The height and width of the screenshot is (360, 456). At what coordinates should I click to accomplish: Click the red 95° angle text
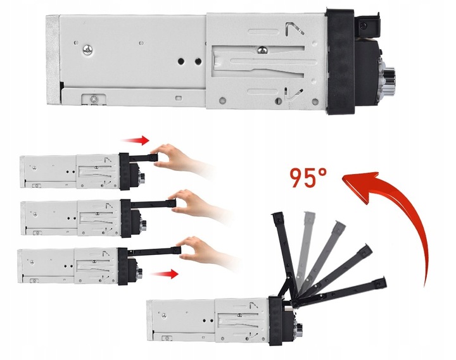pyautogui.click(x=308, y=177)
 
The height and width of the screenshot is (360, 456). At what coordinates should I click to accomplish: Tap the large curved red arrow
pyautogui.click(x=407, y=209)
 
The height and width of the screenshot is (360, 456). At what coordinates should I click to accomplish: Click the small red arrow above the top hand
pyautogui.click(x=136, y=140)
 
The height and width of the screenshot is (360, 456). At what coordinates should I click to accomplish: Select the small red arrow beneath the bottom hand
pyautogui.click(x=165, y=274)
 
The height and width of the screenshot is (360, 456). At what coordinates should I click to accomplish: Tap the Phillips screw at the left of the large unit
pyautogui.click(x=87, y=49)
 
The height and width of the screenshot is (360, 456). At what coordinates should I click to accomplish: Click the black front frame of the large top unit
pyautogui.click(x=340, y=61)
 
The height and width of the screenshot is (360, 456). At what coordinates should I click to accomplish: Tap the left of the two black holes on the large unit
pyautogui.click(x=181, y=61)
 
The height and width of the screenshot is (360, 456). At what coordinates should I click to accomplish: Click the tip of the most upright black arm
pyautogui.click(x=277, y=216)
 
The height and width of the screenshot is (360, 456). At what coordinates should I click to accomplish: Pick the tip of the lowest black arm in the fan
pyautogui.click(x=381, y=282)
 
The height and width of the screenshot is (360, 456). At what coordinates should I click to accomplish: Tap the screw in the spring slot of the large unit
pyautogui.click(x=262, y=50)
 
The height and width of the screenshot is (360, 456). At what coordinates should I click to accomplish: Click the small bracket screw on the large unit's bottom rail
pyautogui.click(x=93, y=98)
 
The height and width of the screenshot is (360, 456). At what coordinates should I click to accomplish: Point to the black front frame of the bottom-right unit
pyautogui.click(x=275, y=321)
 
